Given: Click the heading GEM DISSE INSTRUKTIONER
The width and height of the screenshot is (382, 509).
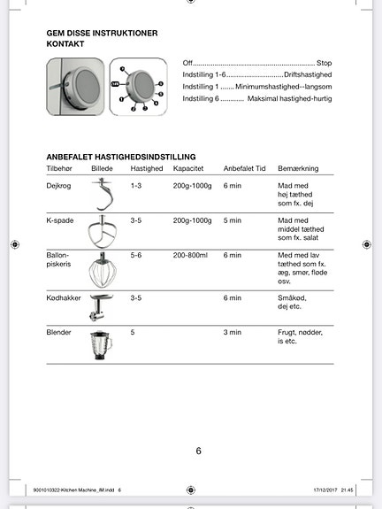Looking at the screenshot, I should point(102,33).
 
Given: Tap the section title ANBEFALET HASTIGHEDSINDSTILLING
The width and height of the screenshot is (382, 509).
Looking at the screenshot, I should point(120,156).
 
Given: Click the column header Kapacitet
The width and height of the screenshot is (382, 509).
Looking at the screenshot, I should point(189,168).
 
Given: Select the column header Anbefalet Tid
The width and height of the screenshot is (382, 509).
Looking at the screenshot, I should point(244,168).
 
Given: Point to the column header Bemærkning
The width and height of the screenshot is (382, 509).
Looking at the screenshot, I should point(298,168).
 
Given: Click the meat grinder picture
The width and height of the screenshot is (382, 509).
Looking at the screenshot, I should point(101,307).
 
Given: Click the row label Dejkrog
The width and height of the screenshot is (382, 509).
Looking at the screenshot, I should point(58,186).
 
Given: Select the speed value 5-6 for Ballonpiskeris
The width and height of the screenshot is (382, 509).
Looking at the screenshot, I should point(136,255).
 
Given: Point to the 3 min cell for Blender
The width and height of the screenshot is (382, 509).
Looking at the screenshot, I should point(232,332).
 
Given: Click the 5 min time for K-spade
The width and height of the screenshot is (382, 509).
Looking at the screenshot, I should point(232,220).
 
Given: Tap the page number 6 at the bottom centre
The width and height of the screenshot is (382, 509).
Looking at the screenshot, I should point(198,451).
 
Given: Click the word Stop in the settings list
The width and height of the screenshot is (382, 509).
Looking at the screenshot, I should point(324,64).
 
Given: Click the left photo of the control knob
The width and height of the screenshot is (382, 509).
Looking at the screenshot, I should point(74,86).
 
